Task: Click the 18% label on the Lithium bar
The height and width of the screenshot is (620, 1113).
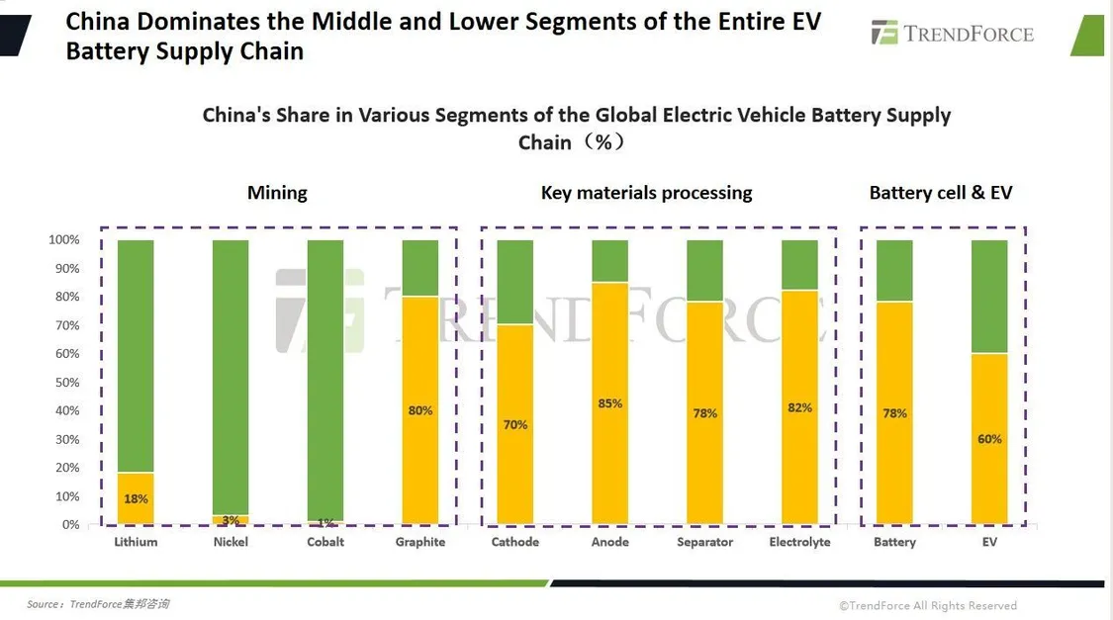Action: (x=136, y=499)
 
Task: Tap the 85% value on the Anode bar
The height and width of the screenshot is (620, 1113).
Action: (x=609, y=403)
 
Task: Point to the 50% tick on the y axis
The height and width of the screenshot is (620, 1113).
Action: (x=64, y=382)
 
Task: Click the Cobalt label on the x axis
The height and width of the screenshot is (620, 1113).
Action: (x=325, y=542)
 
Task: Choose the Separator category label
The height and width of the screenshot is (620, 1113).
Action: (x=704, y=542)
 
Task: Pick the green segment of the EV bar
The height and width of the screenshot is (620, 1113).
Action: (x=989, y=296)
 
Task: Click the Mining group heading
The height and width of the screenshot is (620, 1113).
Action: (x=277, y=193)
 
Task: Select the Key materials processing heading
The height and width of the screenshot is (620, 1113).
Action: (x=646, y=193)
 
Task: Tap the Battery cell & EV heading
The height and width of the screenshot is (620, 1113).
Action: (x=941, y=193)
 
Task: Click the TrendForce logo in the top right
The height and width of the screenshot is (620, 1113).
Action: (x=952, y=34)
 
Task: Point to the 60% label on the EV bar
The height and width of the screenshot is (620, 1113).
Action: (x=989, y=439)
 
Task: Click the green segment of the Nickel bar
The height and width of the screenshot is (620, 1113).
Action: (x=231, y=376)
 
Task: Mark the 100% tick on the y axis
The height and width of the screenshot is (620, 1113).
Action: (x=64, y=240)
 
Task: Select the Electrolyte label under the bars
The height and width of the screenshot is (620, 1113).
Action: (x=799, y=542)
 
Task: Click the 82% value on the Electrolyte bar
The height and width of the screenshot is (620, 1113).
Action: (x=799, y=407)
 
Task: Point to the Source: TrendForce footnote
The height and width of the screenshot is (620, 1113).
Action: (x=98, y=604)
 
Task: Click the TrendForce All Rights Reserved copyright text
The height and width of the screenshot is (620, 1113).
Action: (x=928, y=605)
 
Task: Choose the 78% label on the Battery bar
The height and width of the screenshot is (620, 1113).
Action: (x=894, y=413)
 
